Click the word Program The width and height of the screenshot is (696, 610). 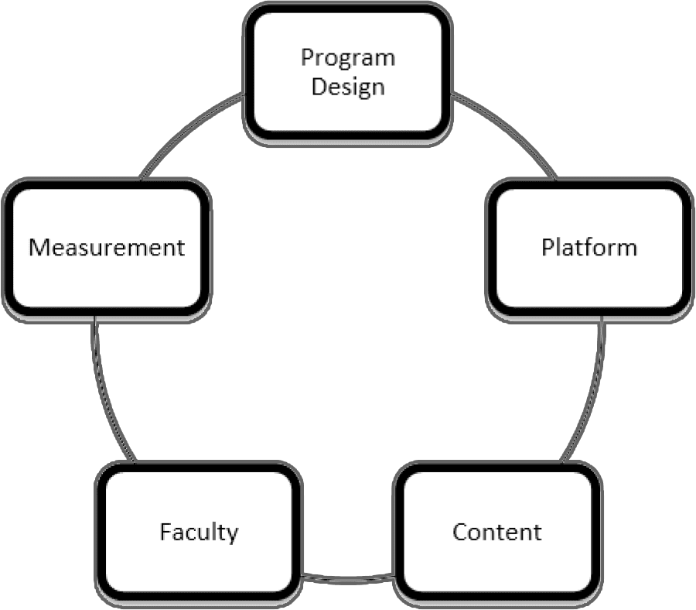[x=348, y=59]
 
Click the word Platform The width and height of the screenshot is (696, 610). [x=589, y=248]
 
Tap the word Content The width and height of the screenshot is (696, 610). [x=497, y=533]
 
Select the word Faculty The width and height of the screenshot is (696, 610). [x=199, y=533]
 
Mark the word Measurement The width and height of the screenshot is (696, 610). [x=107, y=248]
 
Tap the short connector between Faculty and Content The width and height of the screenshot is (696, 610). [x=348, y=577]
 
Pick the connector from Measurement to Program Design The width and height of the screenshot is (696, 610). [x=186, y=132]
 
